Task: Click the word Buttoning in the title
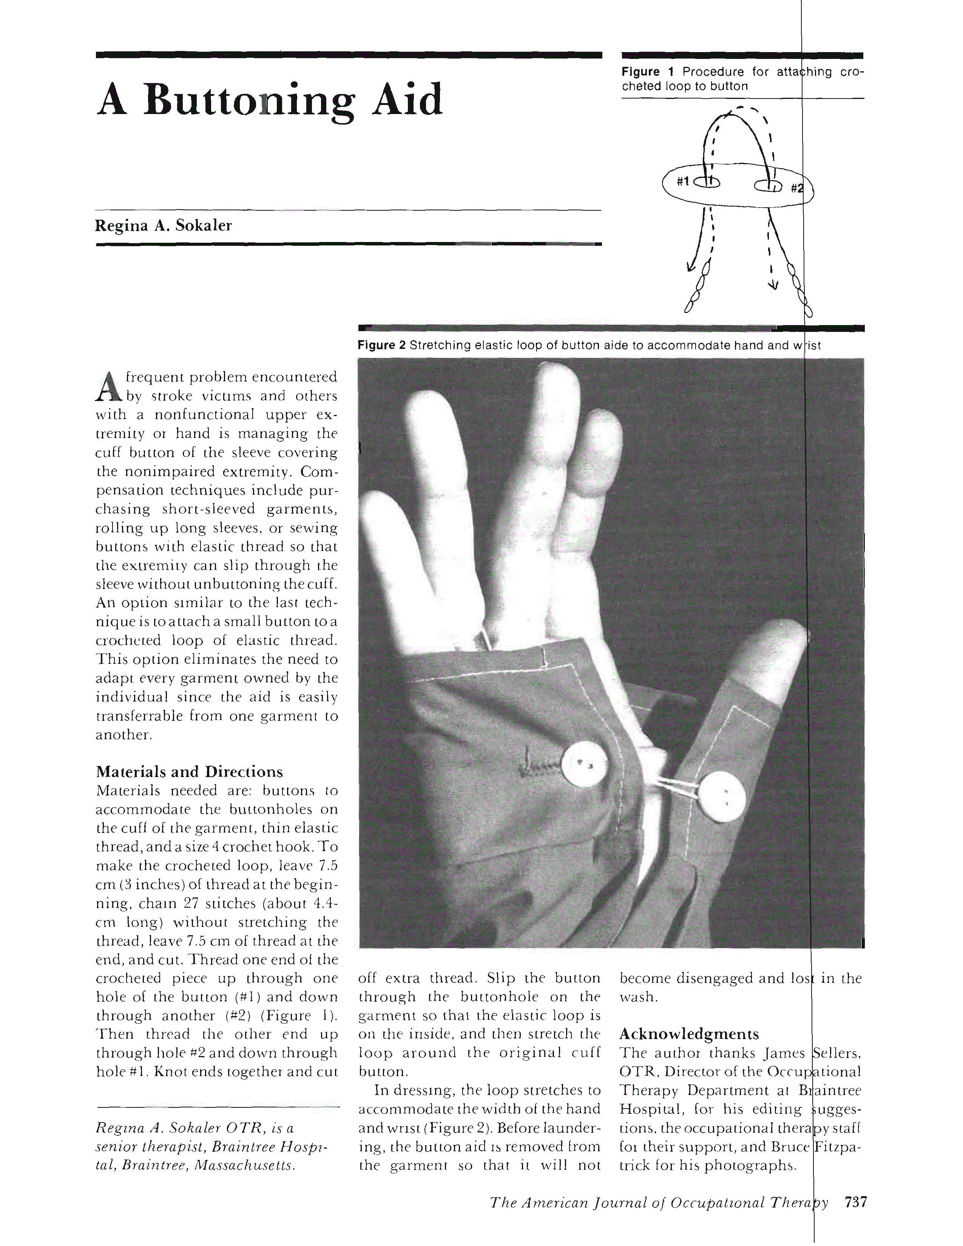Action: [x=249, y=101]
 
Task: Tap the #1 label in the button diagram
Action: [x=683, y=181]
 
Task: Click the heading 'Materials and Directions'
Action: [x=189, y=772]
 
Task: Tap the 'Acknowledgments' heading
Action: [x=689, y=1034]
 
